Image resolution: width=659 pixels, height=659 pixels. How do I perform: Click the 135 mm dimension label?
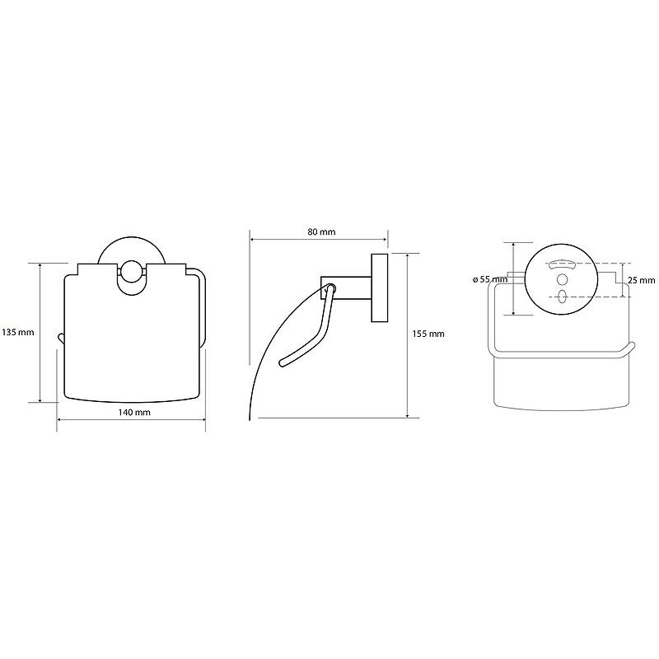pyautogui.click(x=18, y=332)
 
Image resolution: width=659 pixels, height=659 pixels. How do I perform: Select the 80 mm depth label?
pyautogui.click(x=321, y=231)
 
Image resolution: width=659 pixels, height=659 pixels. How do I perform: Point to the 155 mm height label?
pyautogui.click(x=428, y=334)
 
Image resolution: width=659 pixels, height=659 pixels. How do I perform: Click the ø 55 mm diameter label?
pyautogui.click(x=490, y=279)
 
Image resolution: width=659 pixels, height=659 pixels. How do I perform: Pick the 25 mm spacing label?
pyautogui.click(x=641, y=280)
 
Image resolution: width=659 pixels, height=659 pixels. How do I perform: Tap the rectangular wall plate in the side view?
pyautogui.click(x=380, y=287)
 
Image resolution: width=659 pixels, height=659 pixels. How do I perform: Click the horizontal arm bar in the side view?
pyautogui.click(x=346, y=287)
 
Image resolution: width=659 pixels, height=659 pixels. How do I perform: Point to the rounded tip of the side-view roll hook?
pyautogui.click(x=283, y=363)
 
